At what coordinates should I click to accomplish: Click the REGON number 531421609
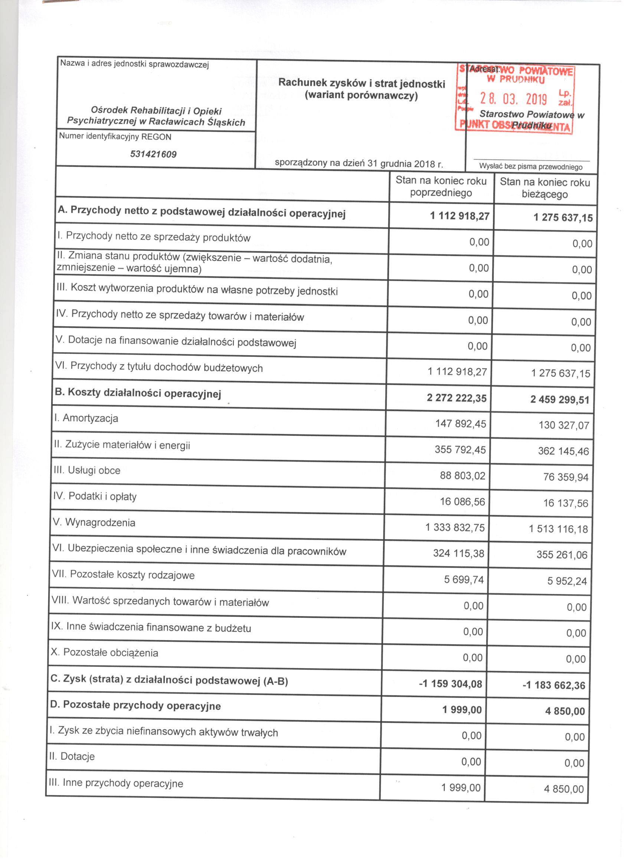(153, 154)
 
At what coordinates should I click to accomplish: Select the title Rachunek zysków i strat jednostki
(362, 83)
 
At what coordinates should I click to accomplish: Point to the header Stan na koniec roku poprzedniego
(441, 187)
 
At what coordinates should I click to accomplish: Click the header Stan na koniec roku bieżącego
(545, 188)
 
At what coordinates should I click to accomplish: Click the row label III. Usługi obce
(87, 471)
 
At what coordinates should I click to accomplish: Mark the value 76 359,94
(566, 477)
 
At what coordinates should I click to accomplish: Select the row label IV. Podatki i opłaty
(95, 497)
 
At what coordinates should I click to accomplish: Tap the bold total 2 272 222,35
(457, 398)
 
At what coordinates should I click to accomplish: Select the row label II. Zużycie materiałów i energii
(122, 445)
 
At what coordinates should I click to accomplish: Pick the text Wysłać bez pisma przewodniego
(530, 167)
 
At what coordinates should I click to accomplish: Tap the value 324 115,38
(458, 553)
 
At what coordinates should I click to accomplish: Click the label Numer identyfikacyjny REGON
(115, 137)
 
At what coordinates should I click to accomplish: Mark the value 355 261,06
(562, 555)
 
